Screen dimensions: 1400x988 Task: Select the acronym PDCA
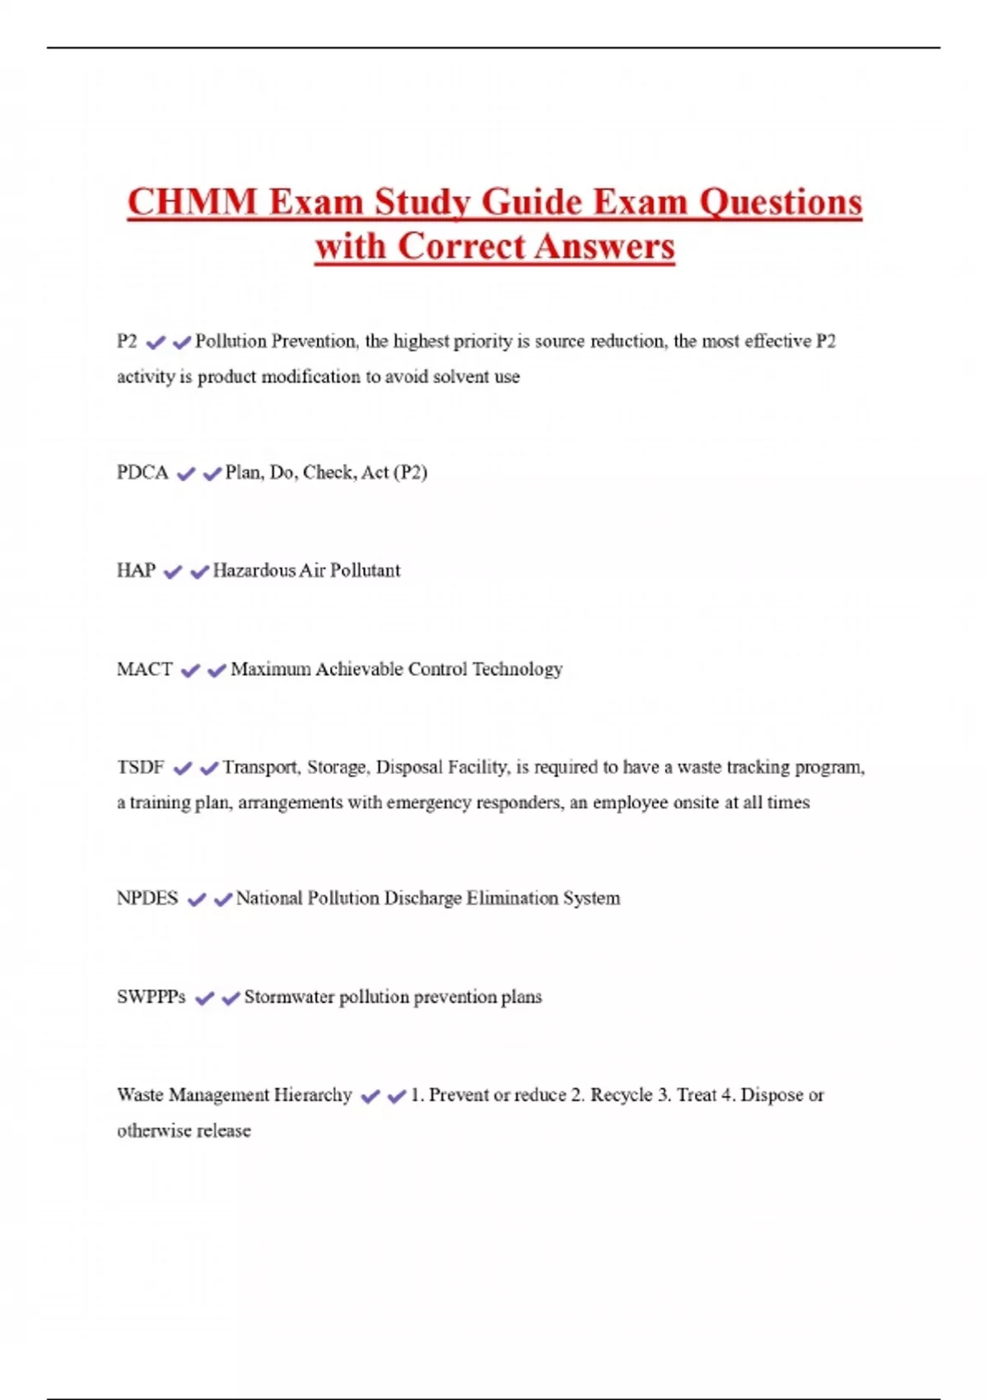[142, 473]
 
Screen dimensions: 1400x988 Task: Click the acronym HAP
[136, 571]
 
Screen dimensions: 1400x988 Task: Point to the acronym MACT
[145, 670]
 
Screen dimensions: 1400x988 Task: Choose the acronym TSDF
[141, 768]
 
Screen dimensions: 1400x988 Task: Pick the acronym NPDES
[147, 898]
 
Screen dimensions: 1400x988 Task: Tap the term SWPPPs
[151, 997]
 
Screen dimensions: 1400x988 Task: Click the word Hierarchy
[313, 1095]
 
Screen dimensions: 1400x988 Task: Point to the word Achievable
[359, 670]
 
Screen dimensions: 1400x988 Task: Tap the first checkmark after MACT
[190, 671]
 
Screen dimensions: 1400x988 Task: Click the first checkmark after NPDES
[196, 900]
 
